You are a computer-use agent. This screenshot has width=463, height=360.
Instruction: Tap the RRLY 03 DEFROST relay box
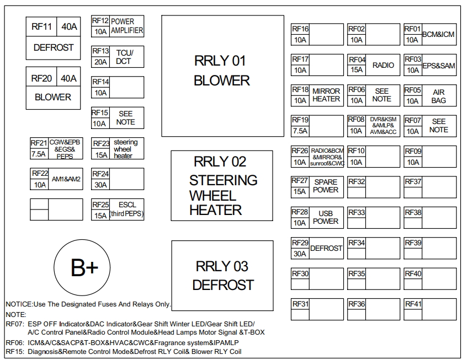[x=222, y=276]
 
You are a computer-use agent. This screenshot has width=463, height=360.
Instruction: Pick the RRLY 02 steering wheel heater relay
[x=222, y=185]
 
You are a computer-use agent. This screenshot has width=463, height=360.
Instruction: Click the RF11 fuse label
[x=41, y=26]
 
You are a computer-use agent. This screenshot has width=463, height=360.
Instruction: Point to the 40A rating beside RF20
[x=68, y=78]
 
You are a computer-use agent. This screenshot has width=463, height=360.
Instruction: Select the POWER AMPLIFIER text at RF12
[x=127, y=26]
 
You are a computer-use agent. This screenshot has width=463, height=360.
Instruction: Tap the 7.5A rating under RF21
[x=39, y=154]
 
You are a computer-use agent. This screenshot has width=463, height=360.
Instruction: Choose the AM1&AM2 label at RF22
[x=66, y=179]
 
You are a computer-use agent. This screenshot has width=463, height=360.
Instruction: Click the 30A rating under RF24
[x=100, y=185]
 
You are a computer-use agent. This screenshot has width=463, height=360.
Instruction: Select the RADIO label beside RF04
[x=383, y=65]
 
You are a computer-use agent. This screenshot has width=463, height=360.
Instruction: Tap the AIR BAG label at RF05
[x=439, y=96]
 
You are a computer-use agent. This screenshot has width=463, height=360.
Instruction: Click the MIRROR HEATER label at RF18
[x=326, y=95]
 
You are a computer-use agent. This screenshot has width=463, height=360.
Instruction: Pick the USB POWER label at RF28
[x=326, y=217]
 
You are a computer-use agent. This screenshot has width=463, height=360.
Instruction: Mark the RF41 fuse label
[x=413, y=304]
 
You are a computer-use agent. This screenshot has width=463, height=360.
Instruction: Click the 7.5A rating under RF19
[x=300, y=131]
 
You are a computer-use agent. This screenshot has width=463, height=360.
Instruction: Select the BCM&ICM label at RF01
[x=439, y=34]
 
